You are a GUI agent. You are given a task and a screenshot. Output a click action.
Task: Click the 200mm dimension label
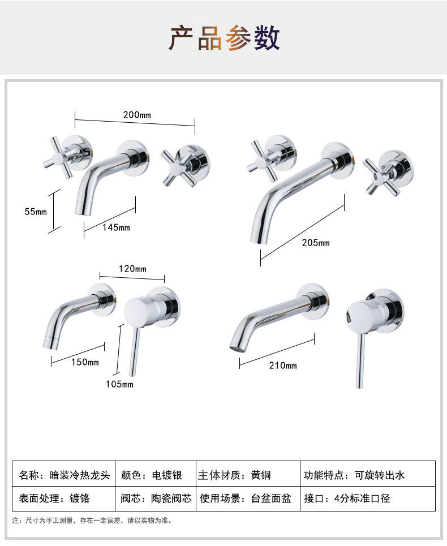click(x=137, y=114)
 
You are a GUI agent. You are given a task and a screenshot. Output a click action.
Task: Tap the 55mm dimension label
click(x=36, y=212)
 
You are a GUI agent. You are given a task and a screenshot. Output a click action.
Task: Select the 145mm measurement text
click(x=116, y=227)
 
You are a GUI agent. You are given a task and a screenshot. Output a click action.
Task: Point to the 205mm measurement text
click(x=315, y=242)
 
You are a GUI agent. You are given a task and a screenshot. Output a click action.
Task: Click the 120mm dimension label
click(x=132, y=268)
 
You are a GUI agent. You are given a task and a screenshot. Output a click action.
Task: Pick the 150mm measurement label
click(x=85, y=362)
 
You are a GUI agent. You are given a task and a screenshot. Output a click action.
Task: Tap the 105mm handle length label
click(x=119, y=384)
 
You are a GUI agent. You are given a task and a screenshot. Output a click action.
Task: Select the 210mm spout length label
click(x=283, y=366)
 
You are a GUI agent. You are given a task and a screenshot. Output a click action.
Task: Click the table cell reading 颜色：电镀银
click(x=156, y=474)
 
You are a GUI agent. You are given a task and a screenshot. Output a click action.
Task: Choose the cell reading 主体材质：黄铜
click(x=248, y=474)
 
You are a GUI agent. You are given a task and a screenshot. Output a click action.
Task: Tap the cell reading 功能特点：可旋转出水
click(x=368, y=474)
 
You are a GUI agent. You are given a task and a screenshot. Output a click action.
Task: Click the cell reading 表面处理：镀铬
click(x=64, y=498)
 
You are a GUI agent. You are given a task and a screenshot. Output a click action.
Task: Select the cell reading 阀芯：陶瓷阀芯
click(x=156, y=498)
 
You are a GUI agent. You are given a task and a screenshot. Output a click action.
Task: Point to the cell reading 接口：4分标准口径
click(x=368, y=498)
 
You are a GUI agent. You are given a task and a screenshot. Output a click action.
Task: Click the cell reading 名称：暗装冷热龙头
click(x=64, y=474)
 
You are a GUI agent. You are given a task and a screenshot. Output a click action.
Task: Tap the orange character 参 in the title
click(x=238, y=37)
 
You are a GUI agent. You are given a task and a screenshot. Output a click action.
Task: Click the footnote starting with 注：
click(x=92, y=521)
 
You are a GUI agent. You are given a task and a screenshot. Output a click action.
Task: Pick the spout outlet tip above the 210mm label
click(x=236, y=346)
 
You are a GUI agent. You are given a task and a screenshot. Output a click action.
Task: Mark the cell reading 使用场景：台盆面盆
click(x=248, y=498)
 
